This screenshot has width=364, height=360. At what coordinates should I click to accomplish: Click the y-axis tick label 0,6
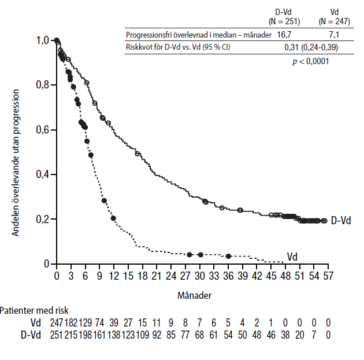point(42,129)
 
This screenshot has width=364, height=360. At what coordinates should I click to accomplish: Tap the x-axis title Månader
point(194,295)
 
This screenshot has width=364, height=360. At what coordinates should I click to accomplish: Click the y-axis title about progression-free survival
point(17,162)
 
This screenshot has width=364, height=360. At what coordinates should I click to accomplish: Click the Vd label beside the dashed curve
point(293,256)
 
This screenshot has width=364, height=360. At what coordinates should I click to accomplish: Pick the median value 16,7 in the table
point(283,35)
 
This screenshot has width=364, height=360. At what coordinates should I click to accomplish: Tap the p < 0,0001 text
point(311,61)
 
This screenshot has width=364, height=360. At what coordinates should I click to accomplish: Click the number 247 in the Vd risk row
point(56,323)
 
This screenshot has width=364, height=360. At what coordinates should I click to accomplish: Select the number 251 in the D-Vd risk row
point(56,335)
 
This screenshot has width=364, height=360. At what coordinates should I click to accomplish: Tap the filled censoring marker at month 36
point(228,256)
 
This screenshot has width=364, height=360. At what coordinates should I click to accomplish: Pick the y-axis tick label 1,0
point(42,40)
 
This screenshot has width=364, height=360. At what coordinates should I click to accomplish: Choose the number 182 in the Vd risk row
point(70,323)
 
